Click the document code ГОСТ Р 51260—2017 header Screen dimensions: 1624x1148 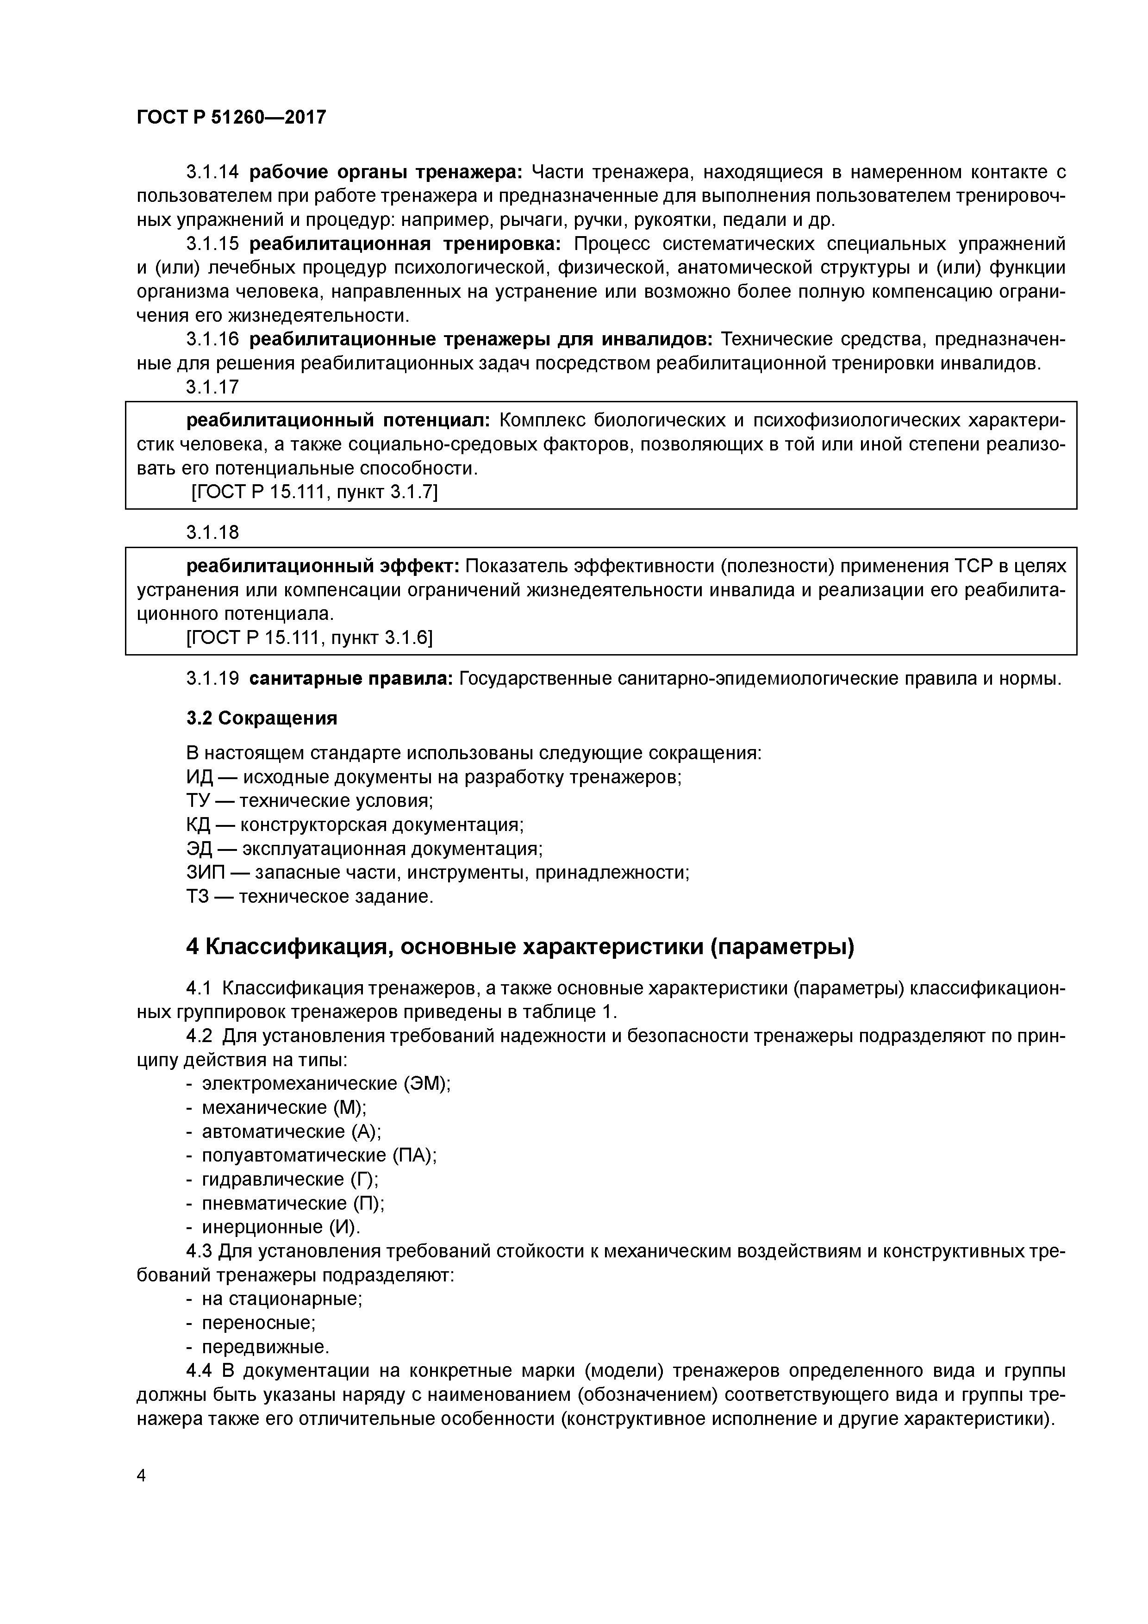[231, 117]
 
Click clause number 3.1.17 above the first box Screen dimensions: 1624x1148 [212, 387]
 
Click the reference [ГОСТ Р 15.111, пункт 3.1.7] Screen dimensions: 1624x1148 [315, 492]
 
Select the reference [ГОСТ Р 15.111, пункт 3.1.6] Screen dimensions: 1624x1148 [309, 638]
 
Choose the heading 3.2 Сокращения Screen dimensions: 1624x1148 [262, 718]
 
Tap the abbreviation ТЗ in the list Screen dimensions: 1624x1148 [199, 897]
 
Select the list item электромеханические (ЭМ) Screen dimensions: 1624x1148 [326, 1084]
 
